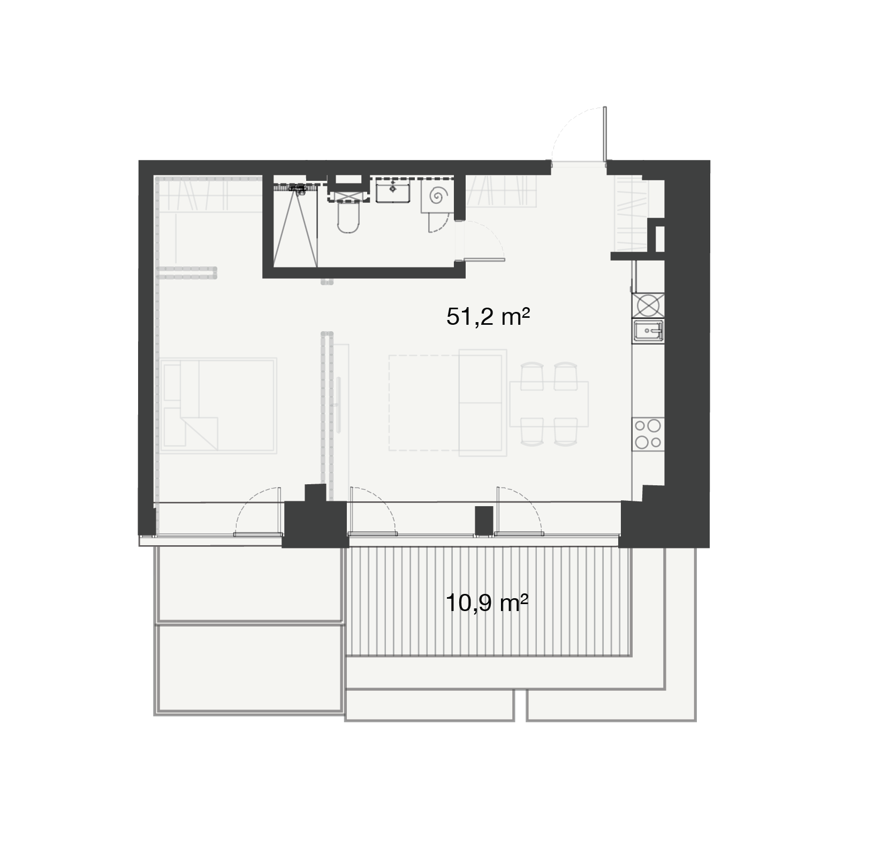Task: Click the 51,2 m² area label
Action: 488,317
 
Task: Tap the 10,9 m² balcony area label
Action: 487,604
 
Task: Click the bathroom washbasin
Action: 393,191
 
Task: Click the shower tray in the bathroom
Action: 295,227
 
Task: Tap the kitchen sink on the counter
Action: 648,331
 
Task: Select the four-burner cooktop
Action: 648,434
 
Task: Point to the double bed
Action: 218,406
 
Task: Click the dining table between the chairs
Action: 549,404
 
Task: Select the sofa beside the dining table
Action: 483,403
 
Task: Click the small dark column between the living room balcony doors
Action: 484,520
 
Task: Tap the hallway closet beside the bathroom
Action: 500,191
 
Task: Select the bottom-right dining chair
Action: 566,432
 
